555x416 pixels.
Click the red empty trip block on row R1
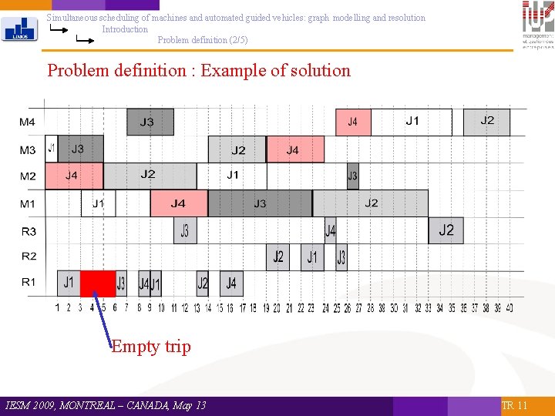click(x=98, y=283)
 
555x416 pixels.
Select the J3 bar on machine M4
click(x=150, y=122)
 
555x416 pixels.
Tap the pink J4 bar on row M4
click(x=353, y=122)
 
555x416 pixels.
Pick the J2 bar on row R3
click(x=446, y=230)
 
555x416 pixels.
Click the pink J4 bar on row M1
click(x=179, y=203)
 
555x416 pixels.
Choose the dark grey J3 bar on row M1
click(x=260, y=203)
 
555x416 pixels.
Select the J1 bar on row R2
click(x=312, y=257)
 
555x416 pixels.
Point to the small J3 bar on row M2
click(x=352, y=176)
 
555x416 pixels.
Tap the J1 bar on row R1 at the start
click(x=69, y=283)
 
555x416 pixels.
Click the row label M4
click(x=28, y=122)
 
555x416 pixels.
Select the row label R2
click(x=29, y=256)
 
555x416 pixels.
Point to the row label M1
click(x=28, y=203)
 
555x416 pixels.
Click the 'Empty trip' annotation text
click(x=151, y=347)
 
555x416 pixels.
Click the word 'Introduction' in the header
click(x=125, y=29)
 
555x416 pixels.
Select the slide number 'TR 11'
click(x=514, y=405)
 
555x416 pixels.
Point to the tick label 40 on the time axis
click(x=509, y=308)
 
